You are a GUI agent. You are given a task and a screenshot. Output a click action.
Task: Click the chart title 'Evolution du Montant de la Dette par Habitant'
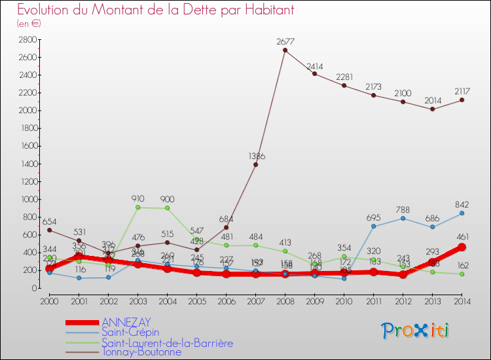pyautogui.click(x=155, y=10)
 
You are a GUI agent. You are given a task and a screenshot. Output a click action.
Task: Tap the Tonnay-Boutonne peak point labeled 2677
pyautogui.click(x=285, y=50)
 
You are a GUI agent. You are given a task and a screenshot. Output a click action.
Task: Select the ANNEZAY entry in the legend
pyautogui.click(x=126, y=322)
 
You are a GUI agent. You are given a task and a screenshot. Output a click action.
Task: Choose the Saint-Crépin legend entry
pyautogui.click(x=130, y=333)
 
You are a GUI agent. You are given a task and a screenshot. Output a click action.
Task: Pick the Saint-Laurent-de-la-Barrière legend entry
pyautogui.click(x=167, y=342)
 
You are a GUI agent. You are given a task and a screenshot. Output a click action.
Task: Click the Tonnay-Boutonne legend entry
pyautogui.click(x=141, y=352)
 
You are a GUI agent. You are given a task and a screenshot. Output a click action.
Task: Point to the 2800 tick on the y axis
pyautogui.click(x=27, y=39)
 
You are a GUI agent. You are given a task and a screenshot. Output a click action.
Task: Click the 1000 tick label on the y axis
pyautogui.click(x=27, y=199)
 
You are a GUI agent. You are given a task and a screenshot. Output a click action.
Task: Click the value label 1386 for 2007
pyautogui.click(x=256, y=156)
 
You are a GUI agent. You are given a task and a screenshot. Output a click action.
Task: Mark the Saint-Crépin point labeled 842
pyautogui.click(x=462, y=213)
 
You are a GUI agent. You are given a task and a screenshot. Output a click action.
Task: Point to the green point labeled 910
pyautogui.click(x=138, y=207)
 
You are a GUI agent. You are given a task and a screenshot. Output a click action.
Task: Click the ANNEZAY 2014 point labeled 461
pyautogui.click(x=462, y=247)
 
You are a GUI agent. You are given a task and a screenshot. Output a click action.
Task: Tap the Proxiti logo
pyautogui.click(x=416, y=331)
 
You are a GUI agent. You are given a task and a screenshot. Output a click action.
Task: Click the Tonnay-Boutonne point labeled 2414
pyautogui.click(x=315, y=73)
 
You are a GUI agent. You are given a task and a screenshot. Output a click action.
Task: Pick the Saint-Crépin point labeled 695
pyautogui.click(x=374, y=226)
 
